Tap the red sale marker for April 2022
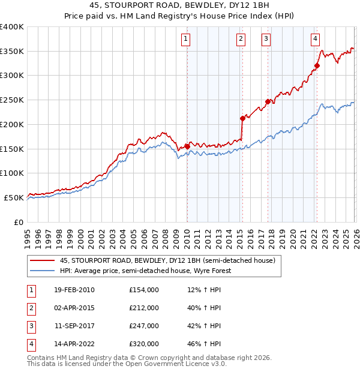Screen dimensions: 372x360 (317, 65)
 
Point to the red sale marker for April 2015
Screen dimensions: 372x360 (242, 118)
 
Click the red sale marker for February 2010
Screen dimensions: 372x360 (187, 146)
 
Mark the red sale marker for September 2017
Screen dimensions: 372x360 (268, 101)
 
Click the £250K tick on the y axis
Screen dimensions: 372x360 (11, 100)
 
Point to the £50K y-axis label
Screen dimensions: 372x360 (13, 197)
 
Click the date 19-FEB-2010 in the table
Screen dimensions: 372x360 (74, 290)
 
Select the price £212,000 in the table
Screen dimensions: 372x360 (144, 308)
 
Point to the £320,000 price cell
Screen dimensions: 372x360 (144, 344)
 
